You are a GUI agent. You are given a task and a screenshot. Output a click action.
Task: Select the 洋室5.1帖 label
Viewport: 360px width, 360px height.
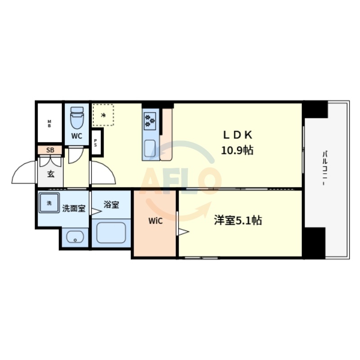pos(238,220)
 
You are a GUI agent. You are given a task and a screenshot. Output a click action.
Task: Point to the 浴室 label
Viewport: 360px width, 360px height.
pos(111,205)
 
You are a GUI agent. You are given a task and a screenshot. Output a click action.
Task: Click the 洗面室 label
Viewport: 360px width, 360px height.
pos(73,208)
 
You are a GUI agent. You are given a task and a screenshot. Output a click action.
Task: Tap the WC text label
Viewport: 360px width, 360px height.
pos(76,137)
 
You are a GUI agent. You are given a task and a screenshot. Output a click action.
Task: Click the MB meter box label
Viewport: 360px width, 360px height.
pos(49,123)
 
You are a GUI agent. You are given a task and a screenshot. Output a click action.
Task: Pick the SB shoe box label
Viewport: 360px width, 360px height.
pos(50,150)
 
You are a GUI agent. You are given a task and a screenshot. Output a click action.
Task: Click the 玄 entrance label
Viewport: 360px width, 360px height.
pos(50,174)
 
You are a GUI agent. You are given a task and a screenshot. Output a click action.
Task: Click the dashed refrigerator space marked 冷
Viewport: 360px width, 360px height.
pos(103,115)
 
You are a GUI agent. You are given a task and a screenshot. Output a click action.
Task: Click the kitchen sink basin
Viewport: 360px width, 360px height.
pos(150,147)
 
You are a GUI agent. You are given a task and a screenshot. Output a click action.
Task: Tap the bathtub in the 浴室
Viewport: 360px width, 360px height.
pos(111,231)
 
